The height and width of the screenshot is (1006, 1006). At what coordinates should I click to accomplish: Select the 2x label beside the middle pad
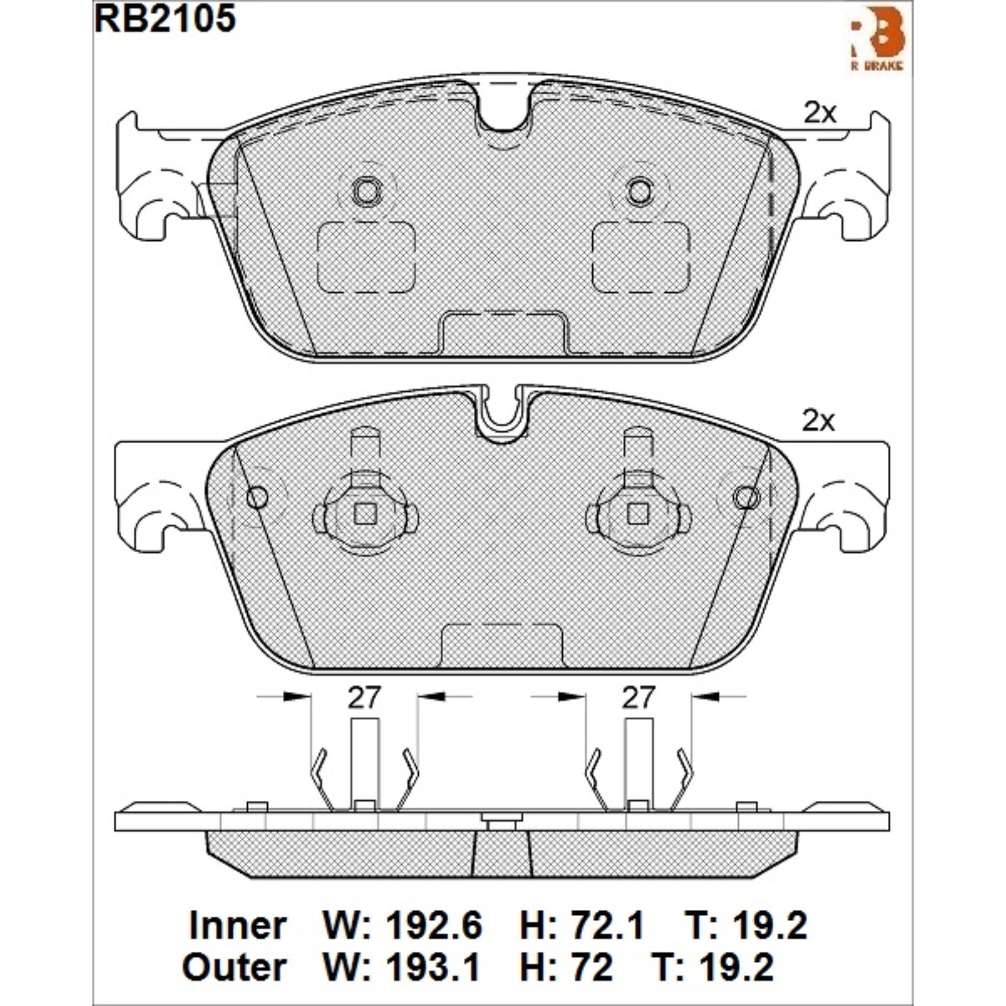[x=819, y=421]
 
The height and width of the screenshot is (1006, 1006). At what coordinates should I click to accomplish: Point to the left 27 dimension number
[x=365, y=697]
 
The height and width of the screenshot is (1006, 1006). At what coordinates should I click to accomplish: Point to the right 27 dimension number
[x=638, y=697]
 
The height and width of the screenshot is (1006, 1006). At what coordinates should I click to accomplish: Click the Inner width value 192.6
[x=434, y=926]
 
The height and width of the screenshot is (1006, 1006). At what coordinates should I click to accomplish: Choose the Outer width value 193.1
[x=433, y=967]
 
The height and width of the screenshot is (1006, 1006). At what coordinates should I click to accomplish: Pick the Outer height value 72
[x=591, y=967]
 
